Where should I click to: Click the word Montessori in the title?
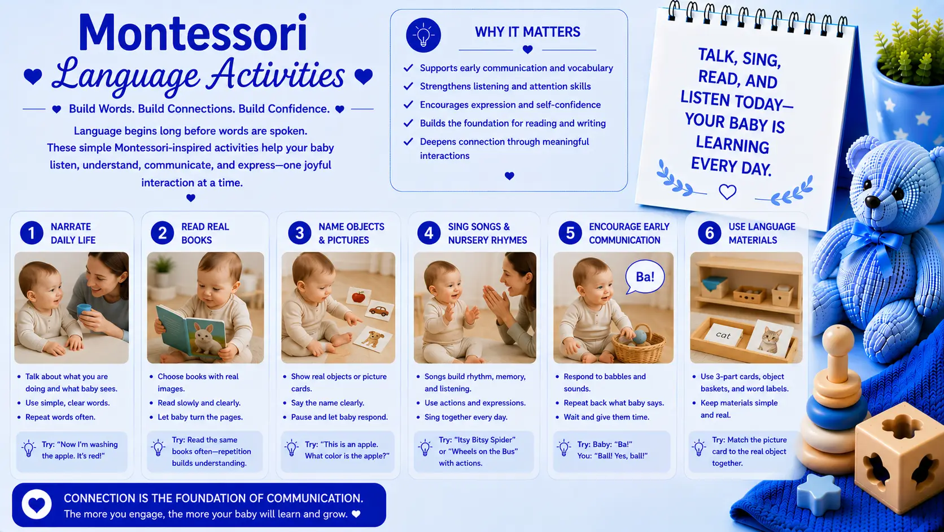coord(193,33)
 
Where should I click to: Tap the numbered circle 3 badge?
coord(300,233)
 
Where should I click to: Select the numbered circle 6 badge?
coord(710,233)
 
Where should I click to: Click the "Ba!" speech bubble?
coord(645,277)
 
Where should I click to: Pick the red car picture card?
coord(379,312)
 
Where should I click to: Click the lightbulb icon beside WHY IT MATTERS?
coord(423,35)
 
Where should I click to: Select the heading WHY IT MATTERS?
coord(527,32)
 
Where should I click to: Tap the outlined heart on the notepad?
coord(727,192)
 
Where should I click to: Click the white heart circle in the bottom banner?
coord(37,504)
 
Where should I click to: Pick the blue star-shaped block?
coord(818,494)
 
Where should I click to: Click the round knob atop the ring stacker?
coord(838,340)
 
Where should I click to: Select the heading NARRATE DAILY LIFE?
coord(73,233)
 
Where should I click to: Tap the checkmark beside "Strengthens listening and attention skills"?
coord(408,86)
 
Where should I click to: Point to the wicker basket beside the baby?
coord(639,344)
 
